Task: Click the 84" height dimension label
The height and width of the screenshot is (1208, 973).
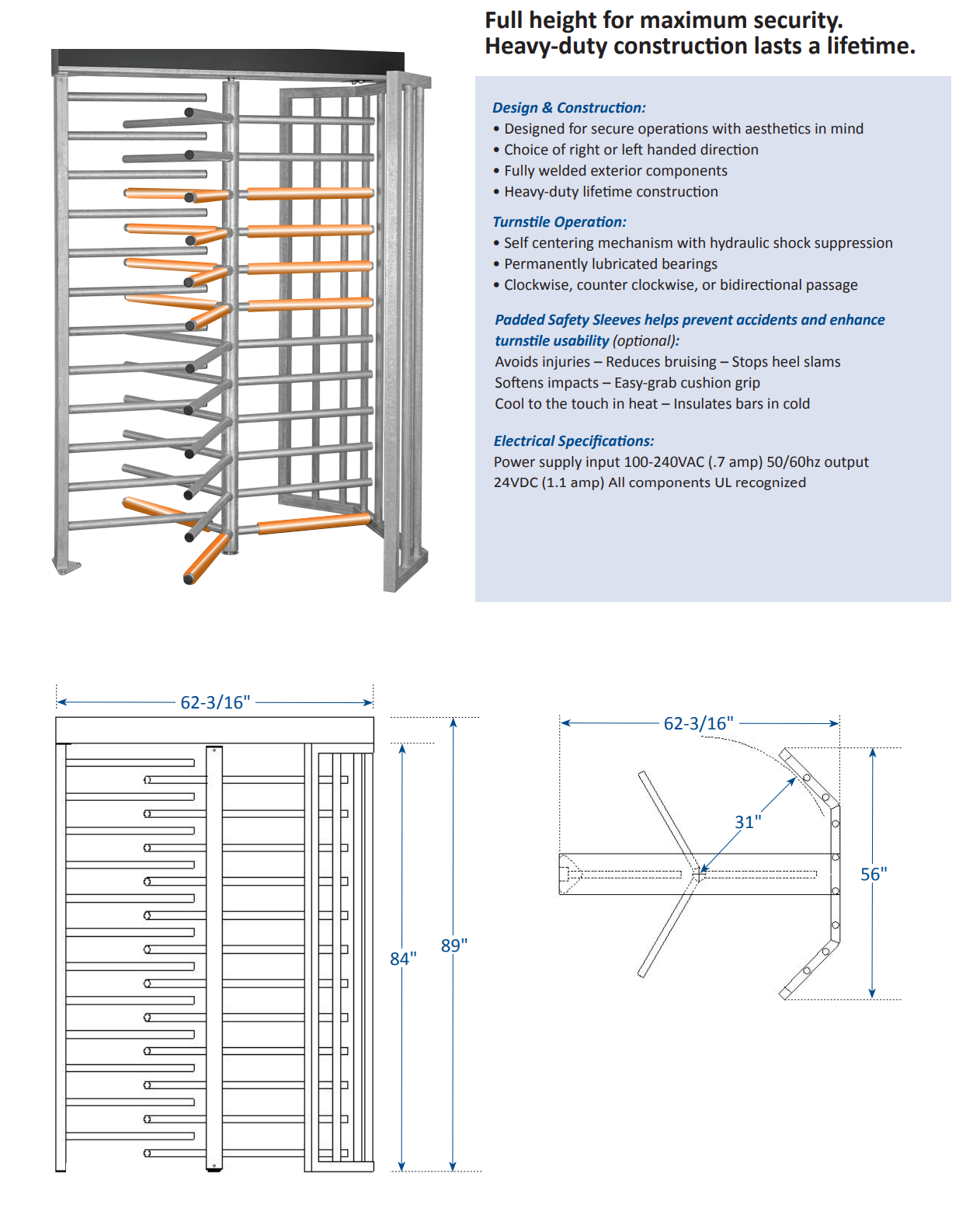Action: pos(403,959)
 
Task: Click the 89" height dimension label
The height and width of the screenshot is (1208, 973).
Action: pos(454,945)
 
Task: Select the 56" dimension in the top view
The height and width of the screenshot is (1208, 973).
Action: pos(874,874)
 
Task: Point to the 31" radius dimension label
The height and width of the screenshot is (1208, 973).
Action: pos(748,822)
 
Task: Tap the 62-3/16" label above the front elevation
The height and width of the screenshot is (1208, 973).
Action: pos(215,702)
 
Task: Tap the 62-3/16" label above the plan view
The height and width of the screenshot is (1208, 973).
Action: pos(698,723)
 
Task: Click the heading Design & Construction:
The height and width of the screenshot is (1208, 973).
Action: pos(568,108)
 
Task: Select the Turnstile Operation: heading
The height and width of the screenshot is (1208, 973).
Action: pos(559,222)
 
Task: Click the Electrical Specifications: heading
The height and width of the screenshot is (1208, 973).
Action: pos(573,441)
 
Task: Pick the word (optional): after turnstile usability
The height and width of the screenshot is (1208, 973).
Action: pos(645,341)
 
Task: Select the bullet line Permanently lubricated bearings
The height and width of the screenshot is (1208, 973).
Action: pos(610,264)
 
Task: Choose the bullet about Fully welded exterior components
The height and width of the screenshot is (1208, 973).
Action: pos(615,171)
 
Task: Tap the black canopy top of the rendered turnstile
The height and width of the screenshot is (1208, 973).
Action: pos(228,60)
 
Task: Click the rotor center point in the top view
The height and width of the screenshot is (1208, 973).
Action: pos(699,873)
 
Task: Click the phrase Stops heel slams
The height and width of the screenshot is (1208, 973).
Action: pos(786,362)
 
